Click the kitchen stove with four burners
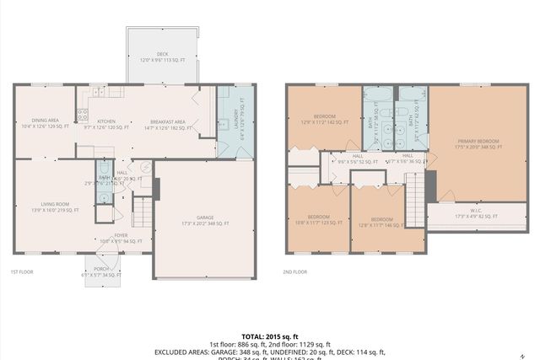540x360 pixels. [x=84, y=112]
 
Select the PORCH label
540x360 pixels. [x=103, y=271]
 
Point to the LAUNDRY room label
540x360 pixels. [x=235, y=124]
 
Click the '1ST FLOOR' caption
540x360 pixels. [x=21, y=272]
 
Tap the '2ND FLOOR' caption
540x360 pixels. [x=295, y=272]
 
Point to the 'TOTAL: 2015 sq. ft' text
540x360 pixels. [x=269, y=335]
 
